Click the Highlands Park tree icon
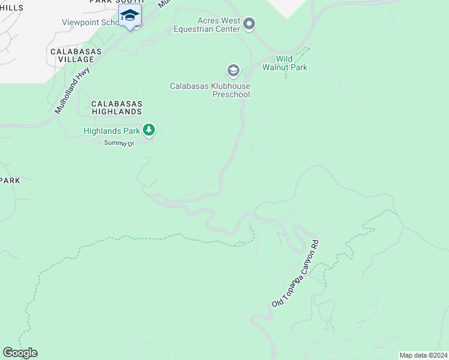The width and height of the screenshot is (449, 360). [149, 130]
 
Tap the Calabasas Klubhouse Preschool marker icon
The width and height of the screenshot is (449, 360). [233, 71]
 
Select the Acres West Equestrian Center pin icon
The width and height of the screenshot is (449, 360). [250, 25]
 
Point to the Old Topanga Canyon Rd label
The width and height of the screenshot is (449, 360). [295, 274]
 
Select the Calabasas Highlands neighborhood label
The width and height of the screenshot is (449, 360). [116, 107]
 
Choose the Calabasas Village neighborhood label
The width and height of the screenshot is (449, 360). [72, 55]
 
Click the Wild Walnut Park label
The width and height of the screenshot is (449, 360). [285, 63]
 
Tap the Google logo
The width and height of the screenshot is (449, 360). [20, 353]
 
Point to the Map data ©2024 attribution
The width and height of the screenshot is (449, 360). [423, 355]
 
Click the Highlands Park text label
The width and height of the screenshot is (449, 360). [112, 130]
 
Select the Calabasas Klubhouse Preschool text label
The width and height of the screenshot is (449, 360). [209, 90]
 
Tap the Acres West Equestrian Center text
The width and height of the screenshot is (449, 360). [206, 25]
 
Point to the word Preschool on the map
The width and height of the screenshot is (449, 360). [231, 94]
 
